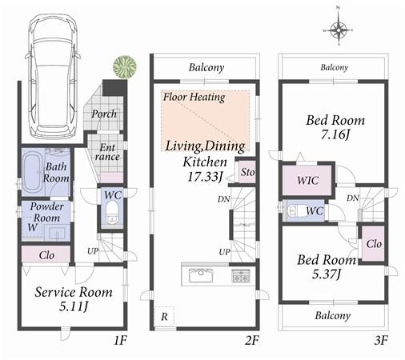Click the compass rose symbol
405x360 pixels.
point(339,31)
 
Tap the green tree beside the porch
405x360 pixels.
point(122,66)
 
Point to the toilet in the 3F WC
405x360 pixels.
point(295,211)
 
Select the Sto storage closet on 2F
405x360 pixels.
point(247,171)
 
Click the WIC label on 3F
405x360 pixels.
point(308,181)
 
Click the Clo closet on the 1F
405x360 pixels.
point(46,256)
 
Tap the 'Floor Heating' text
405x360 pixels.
point(194,98)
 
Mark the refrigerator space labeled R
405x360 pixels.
point(164,317)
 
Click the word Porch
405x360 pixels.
point(104,114)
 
